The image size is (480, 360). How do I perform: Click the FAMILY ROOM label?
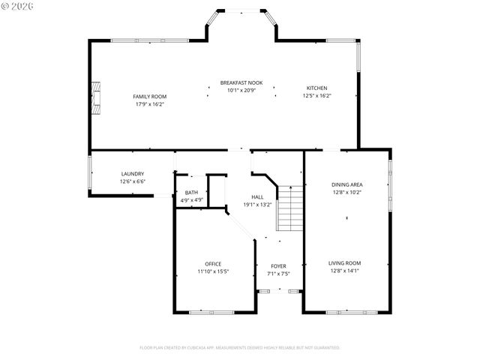click(149, 97)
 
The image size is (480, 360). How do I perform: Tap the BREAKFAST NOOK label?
click(241, 82)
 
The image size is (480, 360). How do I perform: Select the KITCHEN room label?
click(316, 88)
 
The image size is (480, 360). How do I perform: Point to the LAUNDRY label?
click(133, 174)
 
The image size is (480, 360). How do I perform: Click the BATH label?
click(192, 193)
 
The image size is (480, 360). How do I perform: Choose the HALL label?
click(257, 197)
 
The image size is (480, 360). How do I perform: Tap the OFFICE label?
click(213, 263)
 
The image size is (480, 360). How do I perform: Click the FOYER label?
click(278, 266)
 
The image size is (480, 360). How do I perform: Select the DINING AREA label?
click(346, 184)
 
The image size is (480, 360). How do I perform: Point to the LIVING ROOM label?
click(344, 263)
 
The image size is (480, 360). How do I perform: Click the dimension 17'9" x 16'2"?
click(151, 104)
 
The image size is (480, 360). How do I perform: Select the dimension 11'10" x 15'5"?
click(213, 271)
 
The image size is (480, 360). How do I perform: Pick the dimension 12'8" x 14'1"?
click(344, 271)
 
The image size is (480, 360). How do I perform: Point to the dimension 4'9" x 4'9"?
click(192, 200)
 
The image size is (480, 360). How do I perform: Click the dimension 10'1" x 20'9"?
click(241, 90)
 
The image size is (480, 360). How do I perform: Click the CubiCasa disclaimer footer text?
click(240, 347)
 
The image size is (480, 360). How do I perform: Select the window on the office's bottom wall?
click(211, 311)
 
